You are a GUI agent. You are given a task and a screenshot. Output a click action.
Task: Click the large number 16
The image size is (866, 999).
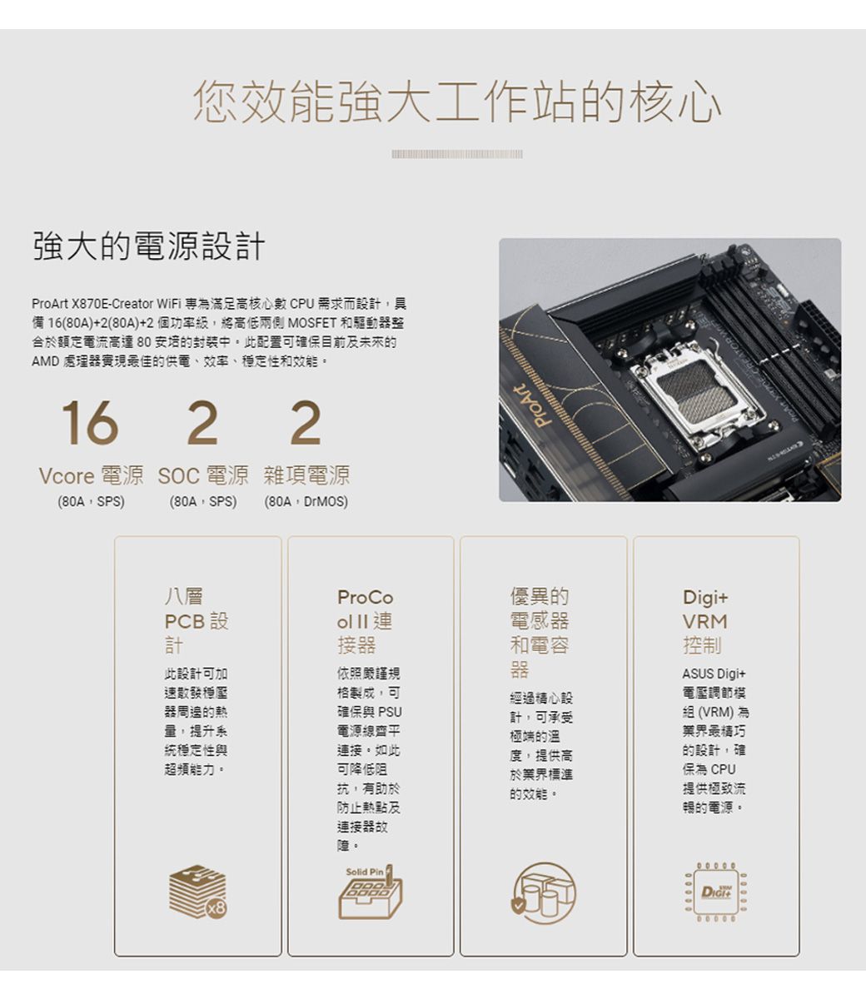[x=90, y=422]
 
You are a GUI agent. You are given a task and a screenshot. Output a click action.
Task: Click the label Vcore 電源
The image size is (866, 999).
[x=91, y=475]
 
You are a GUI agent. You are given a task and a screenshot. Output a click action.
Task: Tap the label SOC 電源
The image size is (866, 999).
[x=203, y=475]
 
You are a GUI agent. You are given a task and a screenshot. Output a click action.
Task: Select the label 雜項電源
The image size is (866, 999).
[x=306, y=475]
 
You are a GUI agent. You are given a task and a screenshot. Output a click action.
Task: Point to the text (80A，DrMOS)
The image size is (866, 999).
[x=306, y=502]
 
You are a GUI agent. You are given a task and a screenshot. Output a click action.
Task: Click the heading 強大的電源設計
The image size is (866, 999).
[x=149, y=246]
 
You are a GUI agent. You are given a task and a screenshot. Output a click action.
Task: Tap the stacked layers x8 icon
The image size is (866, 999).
[x=198, y=892]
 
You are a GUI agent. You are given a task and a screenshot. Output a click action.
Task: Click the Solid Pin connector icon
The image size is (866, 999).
[x=370, y=892]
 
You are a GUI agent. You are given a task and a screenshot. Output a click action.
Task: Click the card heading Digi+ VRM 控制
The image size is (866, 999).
[x=705, y=622]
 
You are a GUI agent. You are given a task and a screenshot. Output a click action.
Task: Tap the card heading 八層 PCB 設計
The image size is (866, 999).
[x=197, y=622]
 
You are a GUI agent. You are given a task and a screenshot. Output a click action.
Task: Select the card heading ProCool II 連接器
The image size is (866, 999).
[x=366, y=622]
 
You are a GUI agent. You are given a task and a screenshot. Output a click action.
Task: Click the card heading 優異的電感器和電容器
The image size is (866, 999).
[x=540, y=634]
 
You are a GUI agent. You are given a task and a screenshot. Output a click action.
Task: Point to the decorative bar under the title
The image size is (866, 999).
[x=457, y=154]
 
